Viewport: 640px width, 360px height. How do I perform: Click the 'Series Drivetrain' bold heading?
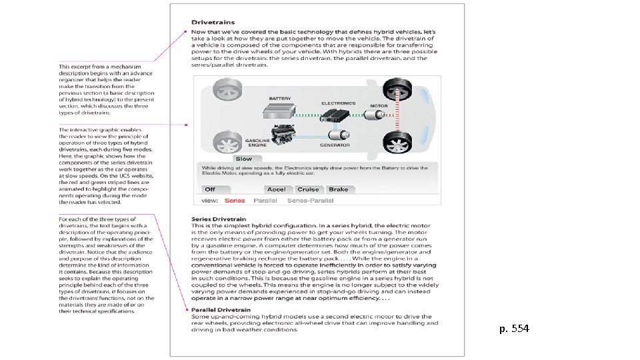pyautogui.click(x=219, y=219)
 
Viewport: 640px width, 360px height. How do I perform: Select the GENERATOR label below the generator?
pyautogui.click(x=335, y=145)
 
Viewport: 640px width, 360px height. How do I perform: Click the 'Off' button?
pyautogui.click(x=210, y=189)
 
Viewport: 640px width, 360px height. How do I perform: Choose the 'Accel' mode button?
pyautogui.click(x=276, y=189)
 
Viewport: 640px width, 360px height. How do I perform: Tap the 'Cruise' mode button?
pyautogui.click(x=308, y=189)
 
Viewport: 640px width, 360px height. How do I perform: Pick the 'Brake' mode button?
pyautogui.click(x=338, y=189)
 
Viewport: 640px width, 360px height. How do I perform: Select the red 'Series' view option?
pyautogui.click(x=235, y=200)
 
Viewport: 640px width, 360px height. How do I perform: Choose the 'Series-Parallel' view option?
pyautogui.click(x=310, y=200)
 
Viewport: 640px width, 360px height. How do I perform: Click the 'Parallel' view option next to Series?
pyautogui.click(x=265, y=200)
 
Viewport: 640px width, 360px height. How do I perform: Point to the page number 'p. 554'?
pyautogui.click(x=515, y=329)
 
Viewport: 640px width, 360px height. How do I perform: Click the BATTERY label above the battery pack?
pyautogui.click(x=280, y=99)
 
